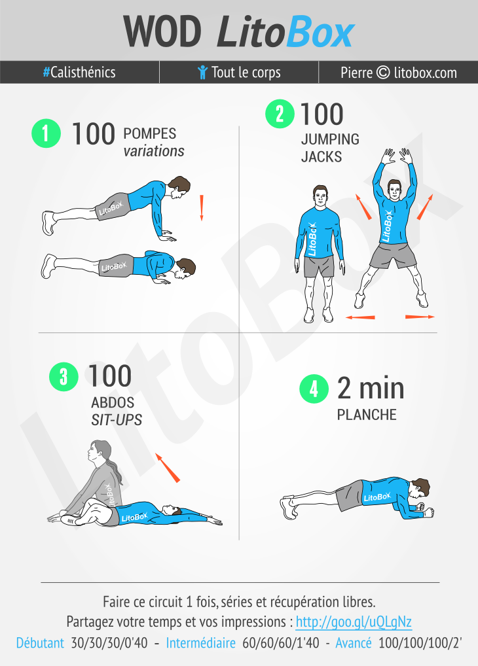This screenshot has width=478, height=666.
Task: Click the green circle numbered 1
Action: click(46, 133)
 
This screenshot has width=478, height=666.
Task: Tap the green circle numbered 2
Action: click(280, 114)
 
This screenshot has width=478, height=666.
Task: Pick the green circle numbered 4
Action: click(314, 389)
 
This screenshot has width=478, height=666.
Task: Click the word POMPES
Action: click(150, 133)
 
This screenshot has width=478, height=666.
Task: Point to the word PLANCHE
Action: click(367, 415)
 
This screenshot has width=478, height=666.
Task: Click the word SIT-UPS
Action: click(117, 419)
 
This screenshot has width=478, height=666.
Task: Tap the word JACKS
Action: click(322, 157)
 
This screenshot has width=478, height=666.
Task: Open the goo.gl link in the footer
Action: click(354, 622)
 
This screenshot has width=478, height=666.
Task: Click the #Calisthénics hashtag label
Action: click(79, 72)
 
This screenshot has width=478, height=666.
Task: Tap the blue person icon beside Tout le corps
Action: click(202, 72)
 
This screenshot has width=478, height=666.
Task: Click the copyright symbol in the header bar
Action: click(383, 72)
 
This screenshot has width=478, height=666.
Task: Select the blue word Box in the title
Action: click(320, 32)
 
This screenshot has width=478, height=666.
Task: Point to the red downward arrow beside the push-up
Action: click(202, 207)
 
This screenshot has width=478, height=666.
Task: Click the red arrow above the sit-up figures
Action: click(168, 468)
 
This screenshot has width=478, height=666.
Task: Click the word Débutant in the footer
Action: click(40, 642)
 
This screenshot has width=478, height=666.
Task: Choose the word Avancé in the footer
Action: click(354, 642)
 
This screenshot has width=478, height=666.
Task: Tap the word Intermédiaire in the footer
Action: click(201, 642)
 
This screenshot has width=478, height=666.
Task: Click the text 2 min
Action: click(371, 388)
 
